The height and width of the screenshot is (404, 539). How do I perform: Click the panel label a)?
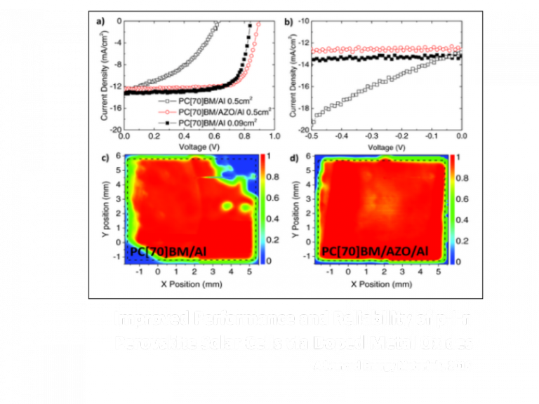(101, 20)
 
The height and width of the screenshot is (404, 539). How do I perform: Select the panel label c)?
(101, 156)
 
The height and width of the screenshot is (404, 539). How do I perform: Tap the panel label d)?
(288, 156)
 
